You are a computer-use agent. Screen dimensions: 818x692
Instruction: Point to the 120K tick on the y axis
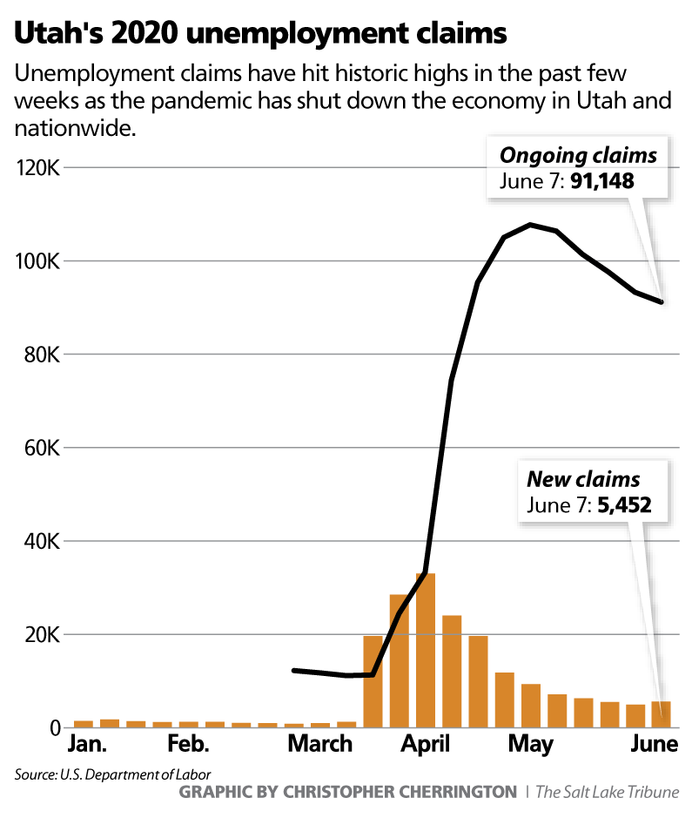pyautogui.click(x=37, y=167)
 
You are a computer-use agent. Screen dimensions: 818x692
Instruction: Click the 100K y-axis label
pyautogui.click(x=37, y=260)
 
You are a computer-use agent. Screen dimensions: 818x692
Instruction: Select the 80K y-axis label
pyautogui.click(x=40, y=355)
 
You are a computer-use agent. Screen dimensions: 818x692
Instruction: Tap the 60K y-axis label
pyautogui.click(x=40, y=448)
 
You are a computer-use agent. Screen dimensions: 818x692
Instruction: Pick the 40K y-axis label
pyautogui.click(x=40, y=542)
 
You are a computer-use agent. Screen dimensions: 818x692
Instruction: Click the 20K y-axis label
pyautogui.click(x=40, y=635)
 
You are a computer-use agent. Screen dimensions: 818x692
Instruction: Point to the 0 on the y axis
pyautogui.click(x=52, y=728)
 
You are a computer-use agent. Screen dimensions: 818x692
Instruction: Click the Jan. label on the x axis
pyautogui.click(x=87, y=745)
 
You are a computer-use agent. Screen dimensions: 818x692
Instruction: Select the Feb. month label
pyautogui.click(x=189, y=745)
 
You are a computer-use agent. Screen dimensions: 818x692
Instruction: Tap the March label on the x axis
pyautogui.click(x=319, y=745)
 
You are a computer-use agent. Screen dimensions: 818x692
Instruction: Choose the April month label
pyautogui.click(x=425, y=745)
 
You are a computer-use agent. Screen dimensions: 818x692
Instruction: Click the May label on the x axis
pyautogui.click(x=530, y=745)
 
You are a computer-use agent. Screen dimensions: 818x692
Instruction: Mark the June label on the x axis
pyautogui.click(x=654, y=745)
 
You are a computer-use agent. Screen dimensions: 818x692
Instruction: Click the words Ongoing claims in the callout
pyautogui.click(x=577, y=156)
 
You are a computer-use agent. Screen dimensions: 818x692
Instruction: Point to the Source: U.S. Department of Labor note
pyautogui.click(x=112, y=774)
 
